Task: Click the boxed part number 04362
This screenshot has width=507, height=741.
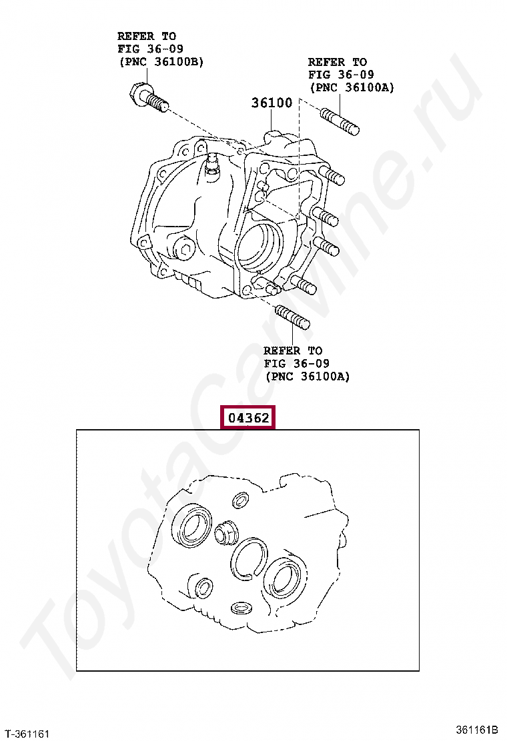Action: point(249,418)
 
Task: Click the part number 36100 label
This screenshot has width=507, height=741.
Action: point(272,103)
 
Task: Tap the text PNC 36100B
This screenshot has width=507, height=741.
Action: point(161,62)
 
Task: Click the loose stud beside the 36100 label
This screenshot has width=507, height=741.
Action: point(340,122)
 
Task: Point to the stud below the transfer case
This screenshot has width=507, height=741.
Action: point(292,317)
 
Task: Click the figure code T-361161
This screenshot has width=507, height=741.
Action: point(27,734)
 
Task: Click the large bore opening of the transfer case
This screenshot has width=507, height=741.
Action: point(260,248)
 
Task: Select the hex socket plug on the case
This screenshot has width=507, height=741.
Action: point(184,249)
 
